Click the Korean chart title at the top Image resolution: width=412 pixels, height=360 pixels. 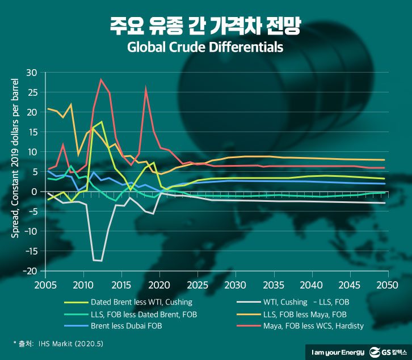click(x=205, y=26)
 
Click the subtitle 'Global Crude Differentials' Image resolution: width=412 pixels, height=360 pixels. click(x=205, y=48)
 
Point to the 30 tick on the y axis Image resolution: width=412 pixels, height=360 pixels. click(x=31, y=73)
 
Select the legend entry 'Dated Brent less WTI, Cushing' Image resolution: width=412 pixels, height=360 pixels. click(x=141, y=302)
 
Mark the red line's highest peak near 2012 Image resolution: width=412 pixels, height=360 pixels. click(x=101, y=79)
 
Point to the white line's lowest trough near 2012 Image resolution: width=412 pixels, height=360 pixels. click(x=101, y=261)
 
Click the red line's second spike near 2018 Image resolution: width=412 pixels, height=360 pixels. click(x=146, y=88)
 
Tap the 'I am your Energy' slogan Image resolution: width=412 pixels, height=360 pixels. click(x=335, y=351)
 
